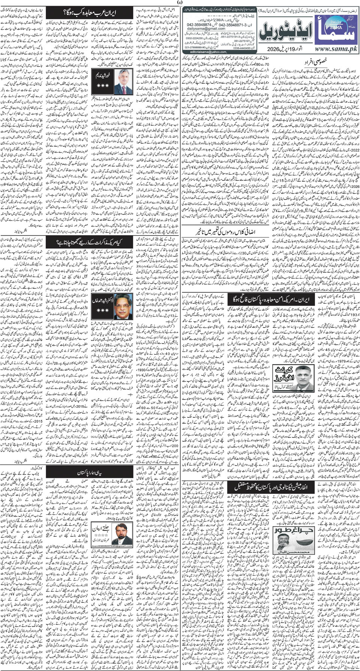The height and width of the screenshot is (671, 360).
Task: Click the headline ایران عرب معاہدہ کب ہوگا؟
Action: coord(90,14)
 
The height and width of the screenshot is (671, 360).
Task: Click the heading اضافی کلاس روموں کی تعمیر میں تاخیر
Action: coord(225,231)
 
